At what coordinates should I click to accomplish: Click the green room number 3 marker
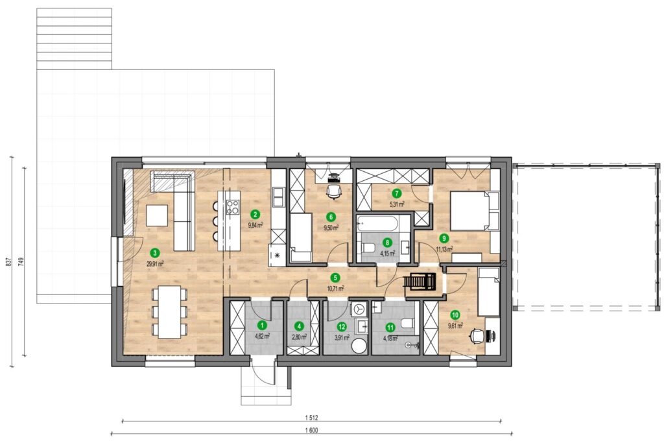pos(156,254)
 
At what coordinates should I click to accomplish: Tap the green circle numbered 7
pos(396,194)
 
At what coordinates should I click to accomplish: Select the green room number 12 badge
pos(341,327)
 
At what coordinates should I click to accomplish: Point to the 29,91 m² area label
pos(155,263)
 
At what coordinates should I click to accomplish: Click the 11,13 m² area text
pos(444,248)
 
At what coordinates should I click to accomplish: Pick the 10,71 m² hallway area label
pos(335,288)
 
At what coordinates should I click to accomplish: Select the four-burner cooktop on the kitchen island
pos(233,207)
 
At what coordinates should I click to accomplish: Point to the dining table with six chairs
pos(169,311)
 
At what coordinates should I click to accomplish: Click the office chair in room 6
pos(333,192)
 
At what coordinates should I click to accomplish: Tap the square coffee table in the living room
pos(158,215)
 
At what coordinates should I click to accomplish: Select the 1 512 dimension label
pos(311,418)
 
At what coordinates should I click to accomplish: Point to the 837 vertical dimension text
pos(8,262)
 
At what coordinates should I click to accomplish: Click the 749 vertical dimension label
pos(21,262)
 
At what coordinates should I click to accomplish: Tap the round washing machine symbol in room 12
pos(359,310)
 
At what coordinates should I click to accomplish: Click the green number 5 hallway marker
pos(335,278)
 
